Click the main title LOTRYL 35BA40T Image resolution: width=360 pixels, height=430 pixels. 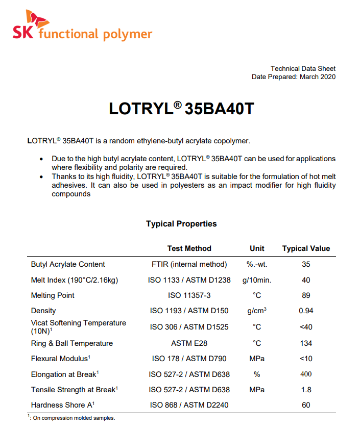181,109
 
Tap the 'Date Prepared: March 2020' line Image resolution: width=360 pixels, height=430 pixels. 294,77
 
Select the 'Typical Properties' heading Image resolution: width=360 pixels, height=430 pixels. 181,224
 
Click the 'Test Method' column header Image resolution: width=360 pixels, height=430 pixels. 189,248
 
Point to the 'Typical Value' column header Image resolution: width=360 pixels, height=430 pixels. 306,248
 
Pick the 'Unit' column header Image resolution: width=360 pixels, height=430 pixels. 257,248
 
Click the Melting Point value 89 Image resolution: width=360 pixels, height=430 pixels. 306,295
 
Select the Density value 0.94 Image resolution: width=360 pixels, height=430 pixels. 306,311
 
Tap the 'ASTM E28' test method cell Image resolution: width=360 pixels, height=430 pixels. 189,343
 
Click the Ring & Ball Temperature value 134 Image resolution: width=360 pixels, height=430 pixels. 306,343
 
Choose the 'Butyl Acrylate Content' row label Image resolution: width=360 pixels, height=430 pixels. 68,264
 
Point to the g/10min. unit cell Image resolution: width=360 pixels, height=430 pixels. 257,280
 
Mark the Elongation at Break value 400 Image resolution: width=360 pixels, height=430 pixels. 306,374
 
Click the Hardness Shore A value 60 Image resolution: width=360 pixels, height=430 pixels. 306,405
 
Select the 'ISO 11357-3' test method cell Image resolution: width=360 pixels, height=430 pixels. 189,295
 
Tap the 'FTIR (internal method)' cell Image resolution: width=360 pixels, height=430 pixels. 189,264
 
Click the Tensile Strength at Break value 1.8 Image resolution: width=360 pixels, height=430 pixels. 306,390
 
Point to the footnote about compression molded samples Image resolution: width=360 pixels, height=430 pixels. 71,418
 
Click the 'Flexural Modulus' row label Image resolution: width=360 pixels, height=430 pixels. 61,359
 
